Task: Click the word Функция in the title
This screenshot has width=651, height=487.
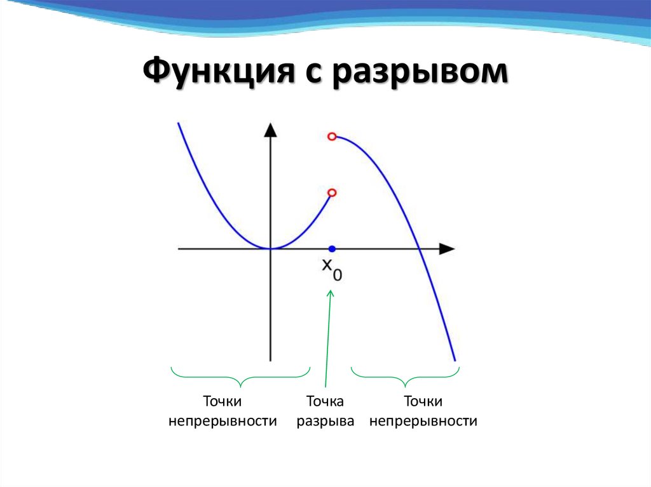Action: click(x=213, y=71)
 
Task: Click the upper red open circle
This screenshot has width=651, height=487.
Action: click(x=331, y=136)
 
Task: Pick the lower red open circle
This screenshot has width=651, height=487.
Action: click(x=331, y=192)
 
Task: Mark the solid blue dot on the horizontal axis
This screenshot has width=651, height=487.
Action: click(x=331, y=248)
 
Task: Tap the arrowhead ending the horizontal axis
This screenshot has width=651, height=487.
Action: click(x=448, y=248)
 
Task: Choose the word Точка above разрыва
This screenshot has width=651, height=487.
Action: click(x=325, y=401)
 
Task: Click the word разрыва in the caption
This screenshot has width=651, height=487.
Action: click(x=325, y=421)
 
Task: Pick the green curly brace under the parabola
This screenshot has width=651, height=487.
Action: click(x=240, y=377)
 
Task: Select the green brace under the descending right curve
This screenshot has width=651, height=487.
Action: click(x=405, y=377)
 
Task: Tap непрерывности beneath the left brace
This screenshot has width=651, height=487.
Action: click(x=223, y=421)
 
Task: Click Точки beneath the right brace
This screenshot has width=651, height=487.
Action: click(x=423, y=401)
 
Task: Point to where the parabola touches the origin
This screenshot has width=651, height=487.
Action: click(x=271, y=248)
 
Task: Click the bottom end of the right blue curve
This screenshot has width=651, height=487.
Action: click(x=455, y=361)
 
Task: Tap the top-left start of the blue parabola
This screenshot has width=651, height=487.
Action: click(x=179, y=123)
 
